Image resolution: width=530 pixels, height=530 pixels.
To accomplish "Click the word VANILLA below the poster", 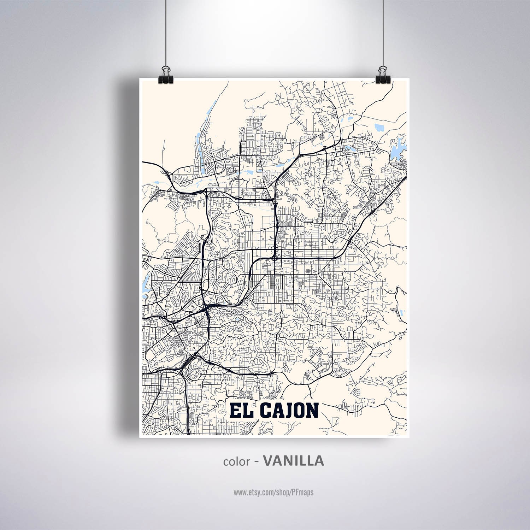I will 294,460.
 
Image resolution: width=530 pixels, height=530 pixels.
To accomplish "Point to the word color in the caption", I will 236,461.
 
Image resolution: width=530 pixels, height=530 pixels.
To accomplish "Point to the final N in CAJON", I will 312,411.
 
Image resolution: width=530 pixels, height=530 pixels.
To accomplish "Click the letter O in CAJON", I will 300,411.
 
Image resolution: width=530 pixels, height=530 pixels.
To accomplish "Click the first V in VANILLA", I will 269,460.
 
